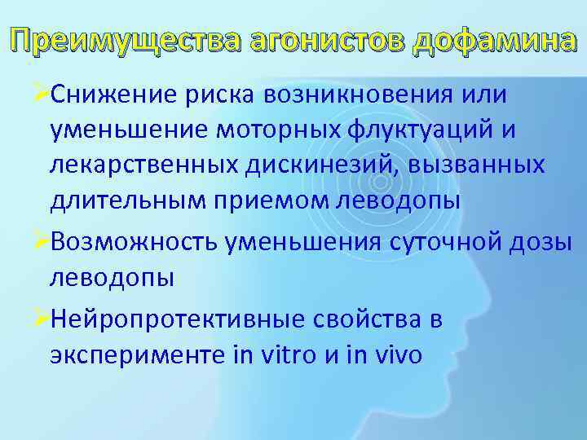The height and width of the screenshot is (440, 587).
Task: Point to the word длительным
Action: [121, 202]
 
